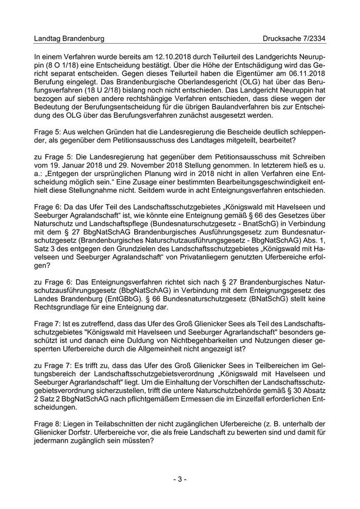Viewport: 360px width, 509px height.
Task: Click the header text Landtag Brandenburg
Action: click(x=69, y=39)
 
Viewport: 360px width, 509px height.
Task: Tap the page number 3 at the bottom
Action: click(x=179, y=479)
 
